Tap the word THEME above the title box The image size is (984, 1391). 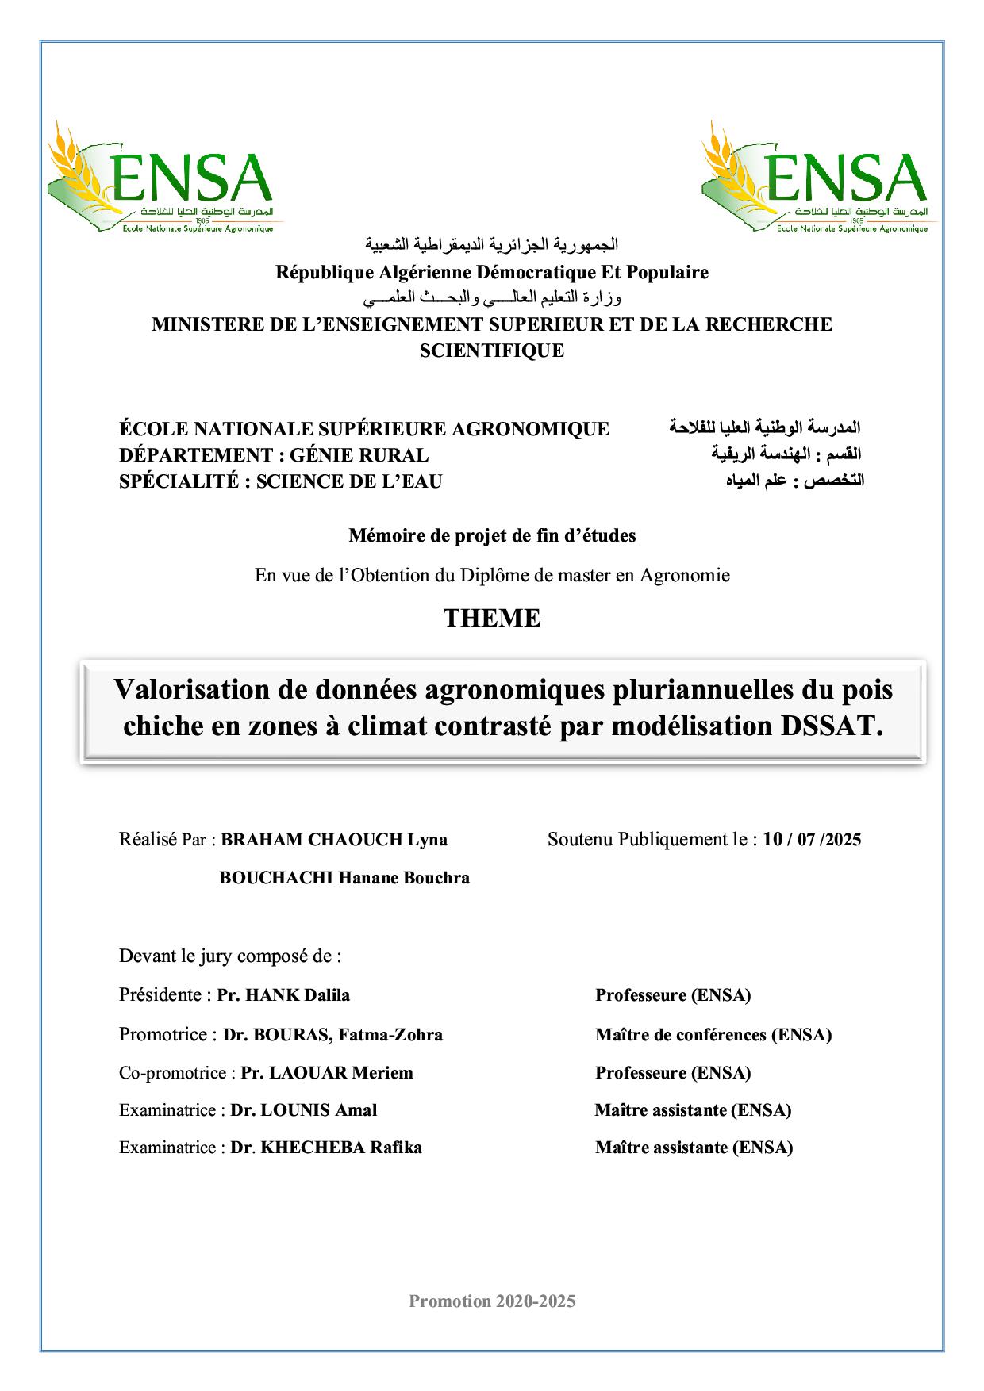click(492, 619)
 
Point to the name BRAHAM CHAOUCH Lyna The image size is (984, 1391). click(334, 840)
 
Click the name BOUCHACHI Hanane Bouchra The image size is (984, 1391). click(344, 878)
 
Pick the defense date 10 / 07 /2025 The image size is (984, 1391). click(812, 840)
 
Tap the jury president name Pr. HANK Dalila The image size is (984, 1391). click(283, 995)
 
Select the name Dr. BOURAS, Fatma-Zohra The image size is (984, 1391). click(332, 1035)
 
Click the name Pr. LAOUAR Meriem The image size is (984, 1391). click(327, 1073)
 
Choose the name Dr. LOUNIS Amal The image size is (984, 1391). click(304, 1110)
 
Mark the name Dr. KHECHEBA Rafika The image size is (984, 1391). click(326, 1148)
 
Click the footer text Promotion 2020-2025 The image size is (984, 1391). click(492, 1301)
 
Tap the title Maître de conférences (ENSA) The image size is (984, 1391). click(713, 1035)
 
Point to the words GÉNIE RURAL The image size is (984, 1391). click(359, 455)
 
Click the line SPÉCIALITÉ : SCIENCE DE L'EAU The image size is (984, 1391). click(281, 481)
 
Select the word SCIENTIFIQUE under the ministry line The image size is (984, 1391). click(492, 351)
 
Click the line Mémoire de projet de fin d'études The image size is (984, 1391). click(492, 536)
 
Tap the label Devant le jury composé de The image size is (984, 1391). click(230, 956)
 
